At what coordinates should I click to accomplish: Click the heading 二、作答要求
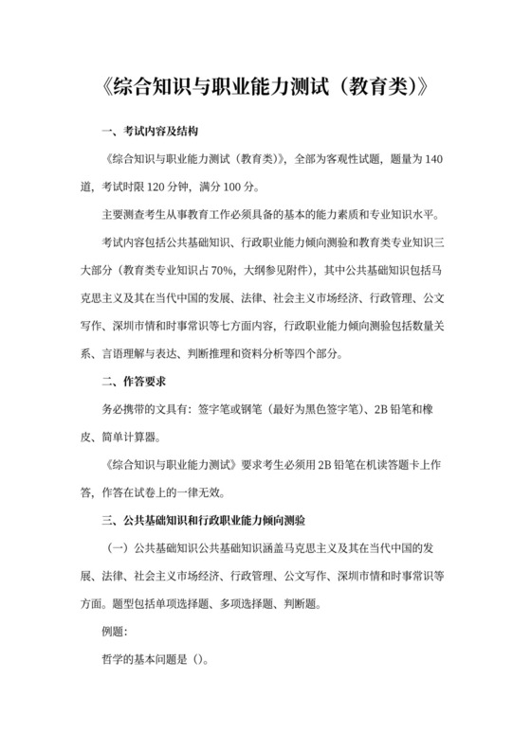tap(129, 383)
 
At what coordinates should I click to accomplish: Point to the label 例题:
tap(118, 631)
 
